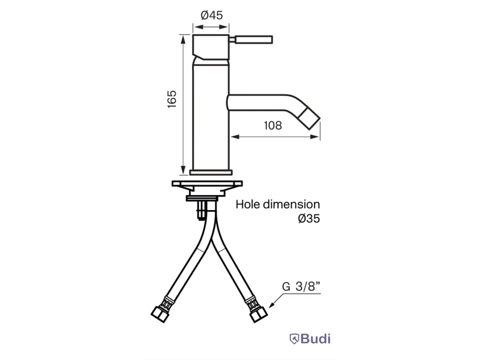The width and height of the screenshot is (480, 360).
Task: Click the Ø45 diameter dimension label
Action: pyautogui.click(x=212, y=15)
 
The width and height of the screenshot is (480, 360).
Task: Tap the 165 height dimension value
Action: pyautogui.click(x=172, y=99)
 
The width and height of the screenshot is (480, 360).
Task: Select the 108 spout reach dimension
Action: pyautogui.click(x=273, y=125)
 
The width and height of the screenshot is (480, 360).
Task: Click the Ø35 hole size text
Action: pyautogui.click(x=309, y=218)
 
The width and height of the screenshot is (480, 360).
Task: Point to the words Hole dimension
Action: pyautogui.click(x=278, y=204)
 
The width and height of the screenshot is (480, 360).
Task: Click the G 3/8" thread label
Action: pyautogui.click(x=301, y=286)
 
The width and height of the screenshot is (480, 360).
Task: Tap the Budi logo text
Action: pyautogui.click(x=316, y=338)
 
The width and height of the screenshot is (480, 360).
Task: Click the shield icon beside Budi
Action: pyautogui.click(x=294, y=339)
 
